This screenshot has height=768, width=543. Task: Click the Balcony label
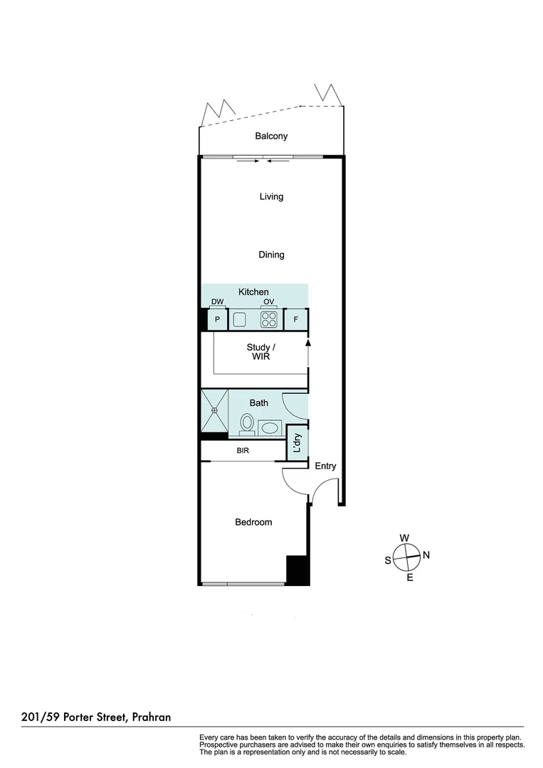click(x=271, y=136)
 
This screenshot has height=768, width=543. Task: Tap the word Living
click(x=271, y=196)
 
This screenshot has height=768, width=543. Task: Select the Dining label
click(x=271, y=255)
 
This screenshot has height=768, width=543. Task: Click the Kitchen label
click(x=253, y=292)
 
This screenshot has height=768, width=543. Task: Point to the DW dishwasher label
click(x=217, y=302)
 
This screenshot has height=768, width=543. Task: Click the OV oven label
click(x=268, y=302)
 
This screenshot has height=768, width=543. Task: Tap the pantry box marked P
click(x=217, y=320)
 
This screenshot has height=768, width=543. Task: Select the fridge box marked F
click(x=295, y=320)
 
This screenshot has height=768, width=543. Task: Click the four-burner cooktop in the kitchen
click(x=268, y=320)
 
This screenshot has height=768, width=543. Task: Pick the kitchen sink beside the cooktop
click(x=239, y=320)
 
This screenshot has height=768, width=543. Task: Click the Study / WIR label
click(x=260, y=352)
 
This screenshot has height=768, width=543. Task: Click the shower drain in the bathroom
click(x=213, y=410)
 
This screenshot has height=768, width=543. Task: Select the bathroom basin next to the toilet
click(x=270, y=427)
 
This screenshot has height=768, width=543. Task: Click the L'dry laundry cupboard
click(x=297, y=442)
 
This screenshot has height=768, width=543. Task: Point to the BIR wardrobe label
click(x=243, y=451)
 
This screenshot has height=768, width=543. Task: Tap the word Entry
click(x=325, y=466)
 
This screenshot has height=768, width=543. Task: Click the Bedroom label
click(x=253, y=522)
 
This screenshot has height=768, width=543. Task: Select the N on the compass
click(x=426, y=555)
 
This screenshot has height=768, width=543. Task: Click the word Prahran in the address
click(x=152, y=718)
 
